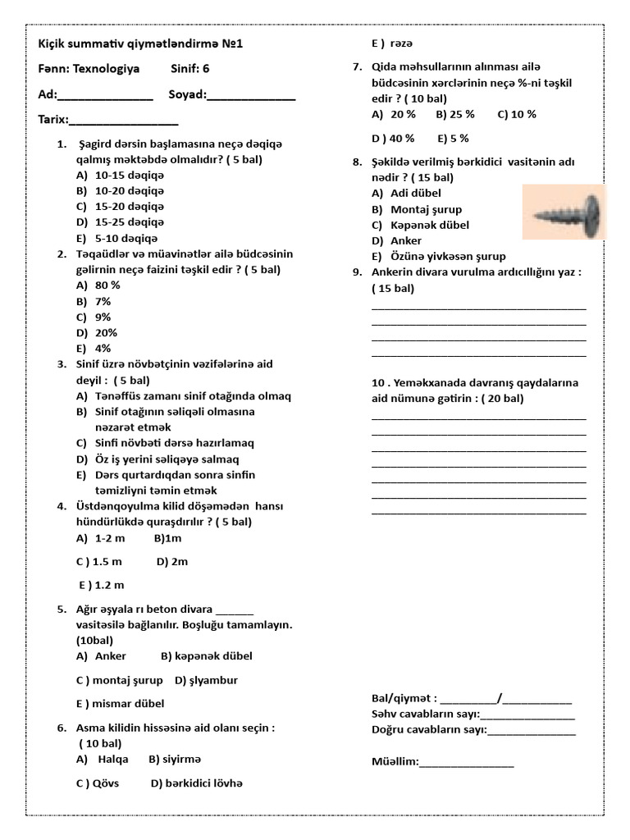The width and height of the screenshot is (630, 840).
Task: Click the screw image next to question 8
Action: click(x=565, y=212)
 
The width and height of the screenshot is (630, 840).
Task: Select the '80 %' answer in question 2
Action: click(x=107, y=285)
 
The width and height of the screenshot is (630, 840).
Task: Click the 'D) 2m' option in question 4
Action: click(x=171, y=561)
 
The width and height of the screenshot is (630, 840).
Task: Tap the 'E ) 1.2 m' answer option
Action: click(x=102, y=585)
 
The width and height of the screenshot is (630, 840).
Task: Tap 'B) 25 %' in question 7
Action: click(x=455, y=114)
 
